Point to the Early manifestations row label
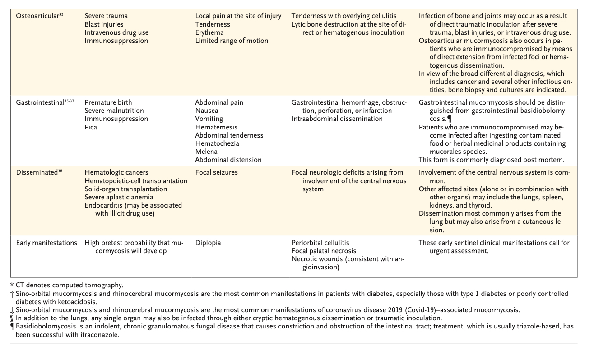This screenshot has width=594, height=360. (46, 243)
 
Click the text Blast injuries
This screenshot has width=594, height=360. (104, 24)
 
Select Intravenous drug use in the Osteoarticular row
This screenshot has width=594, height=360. (116, 32)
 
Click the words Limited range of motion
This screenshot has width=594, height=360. (232, 41)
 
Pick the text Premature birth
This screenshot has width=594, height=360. (108, 102)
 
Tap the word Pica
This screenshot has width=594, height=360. (91, 127)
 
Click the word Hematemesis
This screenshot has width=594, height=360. (216, 127)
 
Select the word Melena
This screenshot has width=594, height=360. (206, 152)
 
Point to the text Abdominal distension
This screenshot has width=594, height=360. (228, 160)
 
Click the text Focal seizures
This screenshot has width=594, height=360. (217, 172)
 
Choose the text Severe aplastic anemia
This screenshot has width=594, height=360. (119, 197)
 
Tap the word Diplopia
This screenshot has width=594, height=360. (208, 243)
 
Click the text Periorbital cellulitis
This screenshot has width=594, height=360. (320, 243)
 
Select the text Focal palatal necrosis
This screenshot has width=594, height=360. (324, 251)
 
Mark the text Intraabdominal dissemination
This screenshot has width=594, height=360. (337, 119)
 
